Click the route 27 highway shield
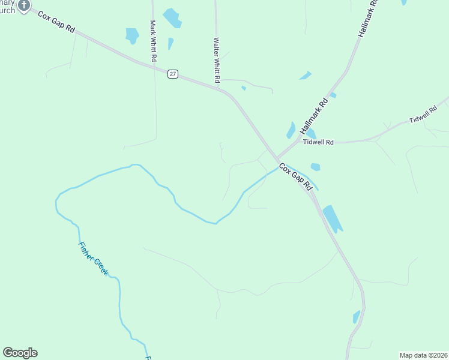click(x=173, y=74)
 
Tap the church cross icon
click(x=23, y=5)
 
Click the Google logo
click(x=20, y=353)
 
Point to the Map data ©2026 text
click(x=424, y=355)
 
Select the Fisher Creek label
click(x=93, y=258)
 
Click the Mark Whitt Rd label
click(x=153, y=41)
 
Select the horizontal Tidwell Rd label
click(x=318, y=142)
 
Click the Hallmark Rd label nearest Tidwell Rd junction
click(x=316, y=115)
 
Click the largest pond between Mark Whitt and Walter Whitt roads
click(x=172, y=18)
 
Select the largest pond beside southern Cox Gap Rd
click(x=332, y=218)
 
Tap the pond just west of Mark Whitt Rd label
click(x=132, y=35)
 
